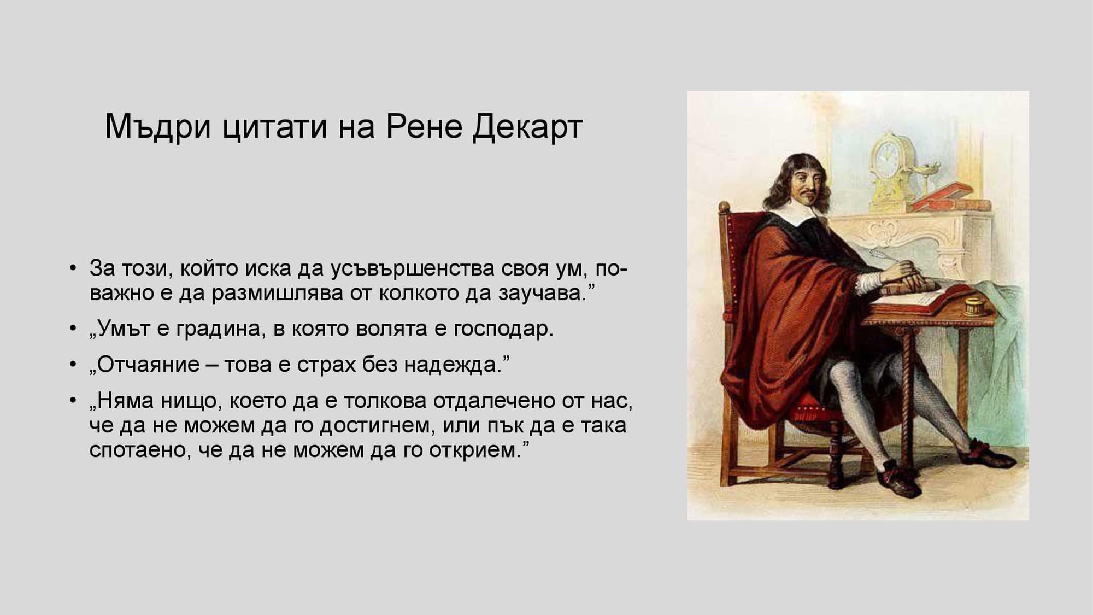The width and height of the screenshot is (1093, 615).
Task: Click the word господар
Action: pos(503,329)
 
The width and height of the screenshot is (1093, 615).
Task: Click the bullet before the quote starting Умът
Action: pos(73,329)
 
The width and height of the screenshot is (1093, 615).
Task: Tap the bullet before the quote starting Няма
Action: pos(73,401)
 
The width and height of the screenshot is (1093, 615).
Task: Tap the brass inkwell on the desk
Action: pos(974,307)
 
